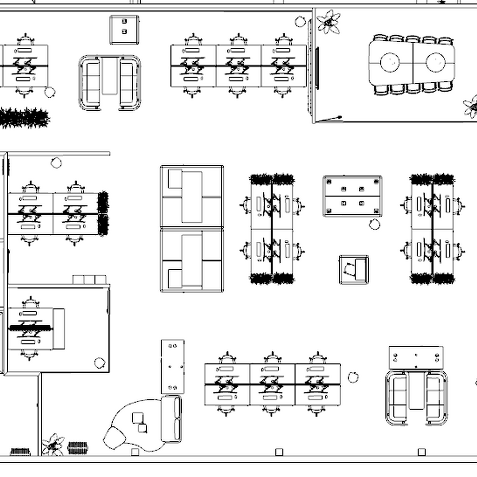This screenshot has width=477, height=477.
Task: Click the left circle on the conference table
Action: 390,62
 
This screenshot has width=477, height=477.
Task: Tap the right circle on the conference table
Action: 435,62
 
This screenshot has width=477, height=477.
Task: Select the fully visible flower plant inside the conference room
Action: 329,22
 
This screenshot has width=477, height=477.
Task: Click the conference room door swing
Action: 329,119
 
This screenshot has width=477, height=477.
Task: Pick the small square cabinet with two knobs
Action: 124,30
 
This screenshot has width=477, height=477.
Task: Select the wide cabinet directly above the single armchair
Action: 352,196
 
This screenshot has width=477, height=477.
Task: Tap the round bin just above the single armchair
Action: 374,225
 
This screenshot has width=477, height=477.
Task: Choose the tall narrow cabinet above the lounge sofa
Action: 172,366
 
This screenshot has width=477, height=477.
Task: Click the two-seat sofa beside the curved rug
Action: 172,418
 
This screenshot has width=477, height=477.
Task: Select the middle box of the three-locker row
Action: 89,280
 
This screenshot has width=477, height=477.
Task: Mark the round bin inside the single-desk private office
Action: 100,363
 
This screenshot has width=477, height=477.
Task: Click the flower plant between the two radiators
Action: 53,445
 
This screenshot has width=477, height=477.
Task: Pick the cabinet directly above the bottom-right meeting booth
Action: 416,357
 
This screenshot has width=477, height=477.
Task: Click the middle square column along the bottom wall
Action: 279,452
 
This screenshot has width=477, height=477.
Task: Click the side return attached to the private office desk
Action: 59,328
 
